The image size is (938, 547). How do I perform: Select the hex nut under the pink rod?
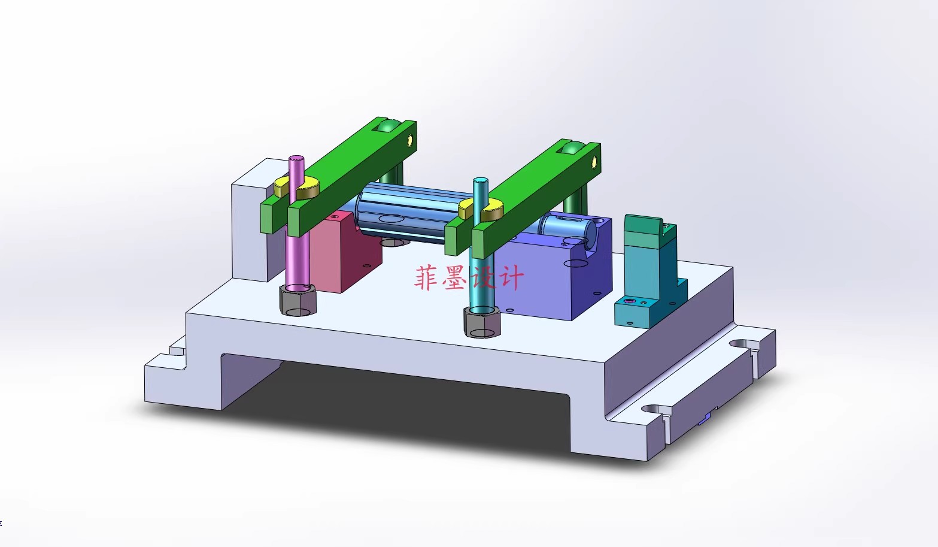click(x=298, y=300)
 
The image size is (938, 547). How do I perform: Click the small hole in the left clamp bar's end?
click(x=410, y=140)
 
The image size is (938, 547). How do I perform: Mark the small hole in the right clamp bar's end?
click(x=594, y=161)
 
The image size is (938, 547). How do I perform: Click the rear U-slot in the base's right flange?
click(x=739, y=344)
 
